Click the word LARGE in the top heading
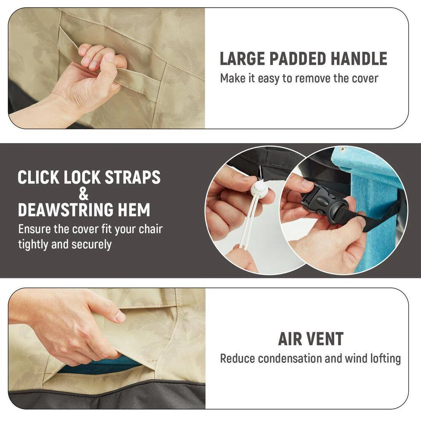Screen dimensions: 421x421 (242, 59)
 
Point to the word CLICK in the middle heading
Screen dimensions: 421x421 (38, 177)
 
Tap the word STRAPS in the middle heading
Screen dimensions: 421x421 (133, 177)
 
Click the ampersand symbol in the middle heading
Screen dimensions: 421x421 (83, 193)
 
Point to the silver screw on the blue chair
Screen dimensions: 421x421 (342, 149)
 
